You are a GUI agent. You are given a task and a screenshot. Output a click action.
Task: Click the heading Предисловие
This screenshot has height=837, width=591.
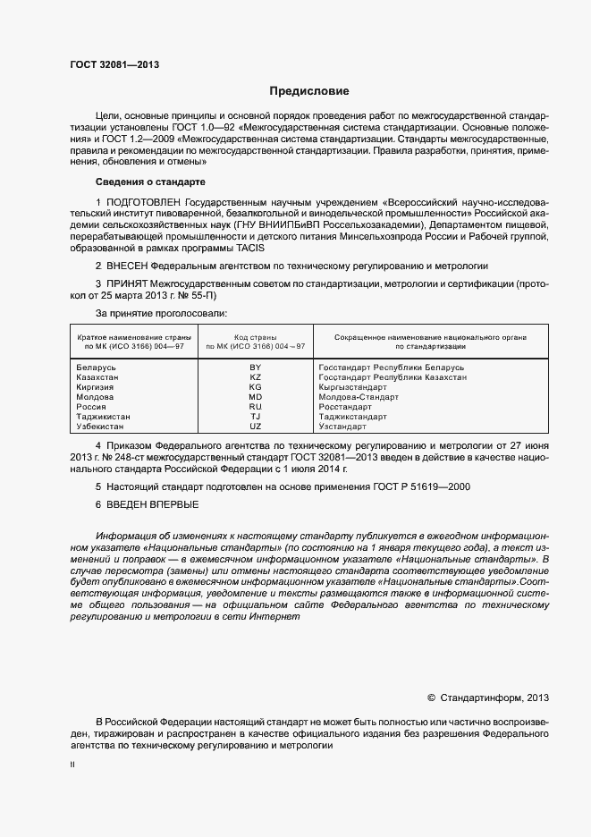[310, 91]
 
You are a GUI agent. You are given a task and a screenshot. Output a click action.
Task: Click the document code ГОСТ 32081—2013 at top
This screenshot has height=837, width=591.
[114, 64]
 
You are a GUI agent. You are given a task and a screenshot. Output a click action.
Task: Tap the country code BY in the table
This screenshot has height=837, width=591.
[255, 368]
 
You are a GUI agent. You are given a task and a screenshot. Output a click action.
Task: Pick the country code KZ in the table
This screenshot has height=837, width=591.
[255, 377]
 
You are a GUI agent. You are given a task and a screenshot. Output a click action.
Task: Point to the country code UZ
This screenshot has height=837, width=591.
[255, 427]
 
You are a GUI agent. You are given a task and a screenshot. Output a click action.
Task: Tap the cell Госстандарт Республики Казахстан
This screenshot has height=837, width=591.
[392, 377]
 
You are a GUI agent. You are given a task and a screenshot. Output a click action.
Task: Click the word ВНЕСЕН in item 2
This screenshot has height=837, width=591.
[127, 266]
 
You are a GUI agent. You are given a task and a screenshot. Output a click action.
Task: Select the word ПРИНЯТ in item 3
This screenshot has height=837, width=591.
[128, 283]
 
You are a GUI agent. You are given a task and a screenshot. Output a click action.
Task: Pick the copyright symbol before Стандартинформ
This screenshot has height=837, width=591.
[431, 696]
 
